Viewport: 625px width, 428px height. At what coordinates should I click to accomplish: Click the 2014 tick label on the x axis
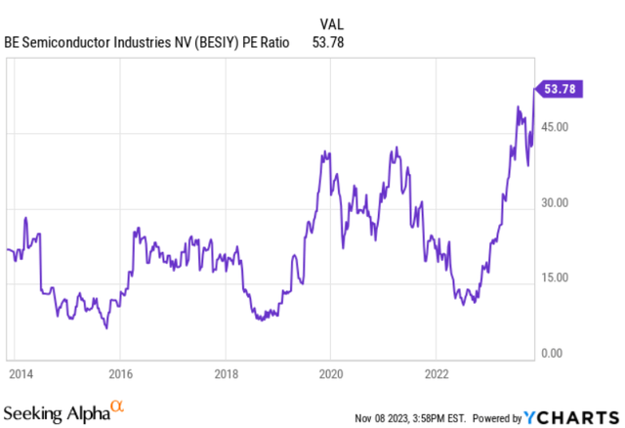(x=16, y=372)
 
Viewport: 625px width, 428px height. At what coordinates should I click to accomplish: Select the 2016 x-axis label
(x=119, y=372)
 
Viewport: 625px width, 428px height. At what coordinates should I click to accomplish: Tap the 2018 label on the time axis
(x=225, y=372)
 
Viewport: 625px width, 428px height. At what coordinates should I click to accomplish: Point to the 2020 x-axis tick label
(x=330, y=372)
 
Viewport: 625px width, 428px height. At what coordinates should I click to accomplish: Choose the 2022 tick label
(x=436, y=372)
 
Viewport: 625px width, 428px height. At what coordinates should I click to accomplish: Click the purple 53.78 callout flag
(x=558, y=89)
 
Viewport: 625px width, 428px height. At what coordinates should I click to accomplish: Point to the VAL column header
(x=332, y=21)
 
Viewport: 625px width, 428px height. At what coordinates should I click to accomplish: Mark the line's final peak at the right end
(x=534, y=89)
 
